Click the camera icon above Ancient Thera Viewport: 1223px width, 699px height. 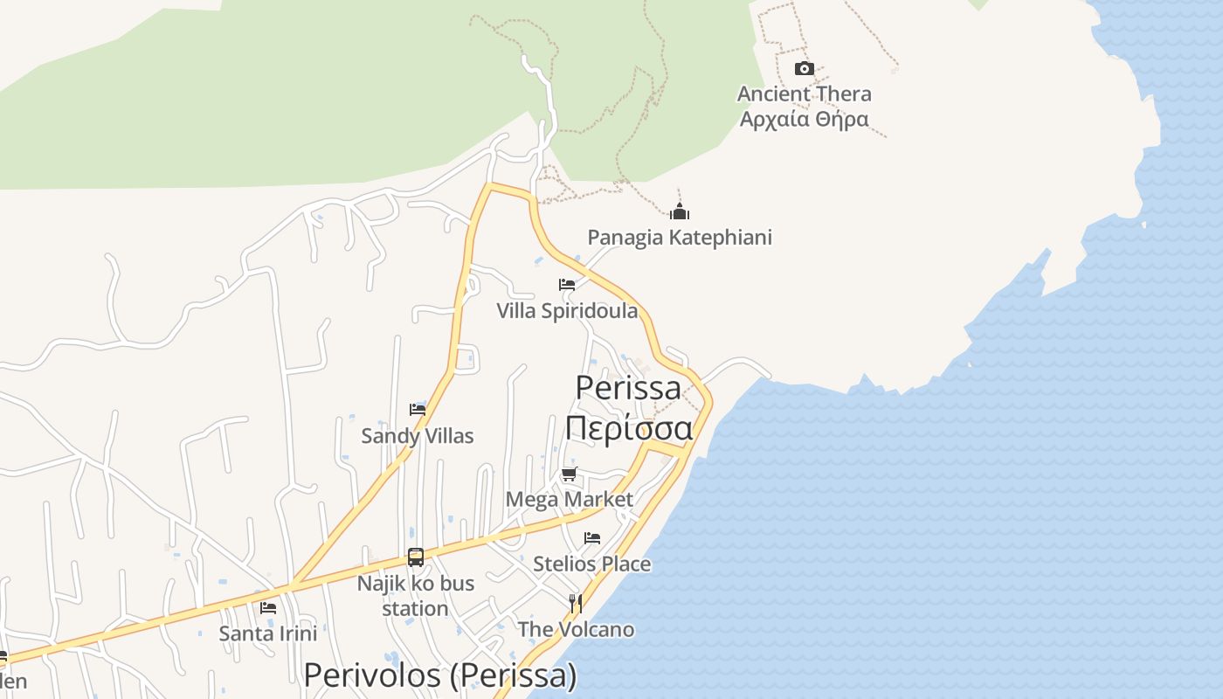point(804,68)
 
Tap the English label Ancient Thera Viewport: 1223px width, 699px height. point(804,93)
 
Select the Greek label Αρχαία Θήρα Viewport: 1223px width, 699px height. point(804,119)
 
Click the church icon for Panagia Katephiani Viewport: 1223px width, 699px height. point(679,211)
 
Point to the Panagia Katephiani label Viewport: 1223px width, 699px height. point(679,237)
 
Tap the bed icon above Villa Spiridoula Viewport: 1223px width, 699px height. point(567,284)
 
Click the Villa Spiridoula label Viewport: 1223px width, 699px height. point(567,310)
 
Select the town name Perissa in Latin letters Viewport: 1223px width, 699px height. point(628,387)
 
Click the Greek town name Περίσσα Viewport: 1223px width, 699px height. point(628,427)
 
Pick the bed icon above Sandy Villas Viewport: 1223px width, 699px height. point(418,409)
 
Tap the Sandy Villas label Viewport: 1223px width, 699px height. point(418,435)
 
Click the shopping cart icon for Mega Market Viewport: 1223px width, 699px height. point(569,474)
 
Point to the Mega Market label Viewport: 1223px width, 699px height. point(569,499)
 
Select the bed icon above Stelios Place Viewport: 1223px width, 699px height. point(592,537)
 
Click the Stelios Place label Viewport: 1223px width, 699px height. point(592,564)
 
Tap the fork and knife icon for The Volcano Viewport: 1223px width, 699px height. point(576,604)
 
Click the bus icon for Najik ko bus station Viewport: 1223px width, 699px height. point(416,557)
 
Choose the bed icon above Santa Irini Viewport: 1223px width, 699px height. point(268,607)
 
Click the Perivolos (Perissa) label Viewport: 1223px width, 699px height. point(440,675)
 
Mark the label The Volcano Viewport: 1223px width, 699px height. point(576,629)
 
